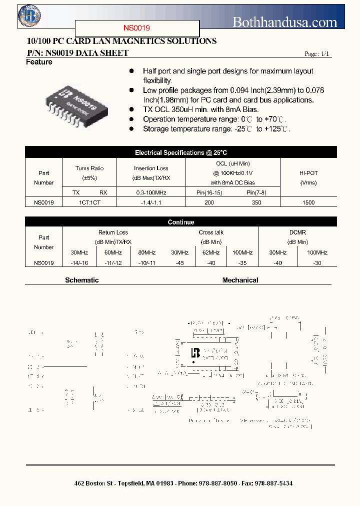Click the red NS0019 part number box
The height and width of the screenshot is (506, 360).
point(137,28)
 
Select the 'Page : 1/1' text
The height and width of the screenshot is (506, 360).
point(317,54)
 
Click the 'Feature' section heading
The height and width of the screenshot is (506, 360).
point(39,62)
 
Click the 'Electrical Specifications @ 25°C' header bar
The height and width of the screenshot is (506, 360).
point(181,153)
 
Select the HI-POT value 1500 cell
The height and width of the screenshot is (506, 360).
point(308,202)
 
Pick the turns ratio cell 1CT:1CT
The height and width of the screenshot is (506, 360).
point(89,202)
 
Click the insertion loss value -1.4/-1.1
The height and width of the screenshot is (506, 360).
point(151,202)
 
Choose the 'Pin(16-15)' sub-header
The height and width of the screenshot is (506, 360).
point(209,192)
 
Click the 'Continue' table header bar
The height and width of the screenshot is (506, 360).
point(181,222)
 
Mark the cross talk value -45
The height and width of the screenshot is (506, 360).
point(177,262)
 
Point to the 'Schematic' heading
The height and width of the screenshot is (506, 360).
point(82,280)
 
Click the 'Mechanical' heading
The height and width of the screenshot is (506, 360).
point(240,280)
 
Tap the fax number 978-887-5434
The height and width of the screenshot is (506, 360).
point(274,483)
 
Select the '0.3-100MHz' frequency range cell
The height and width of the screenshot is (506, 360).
point(151,192)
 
